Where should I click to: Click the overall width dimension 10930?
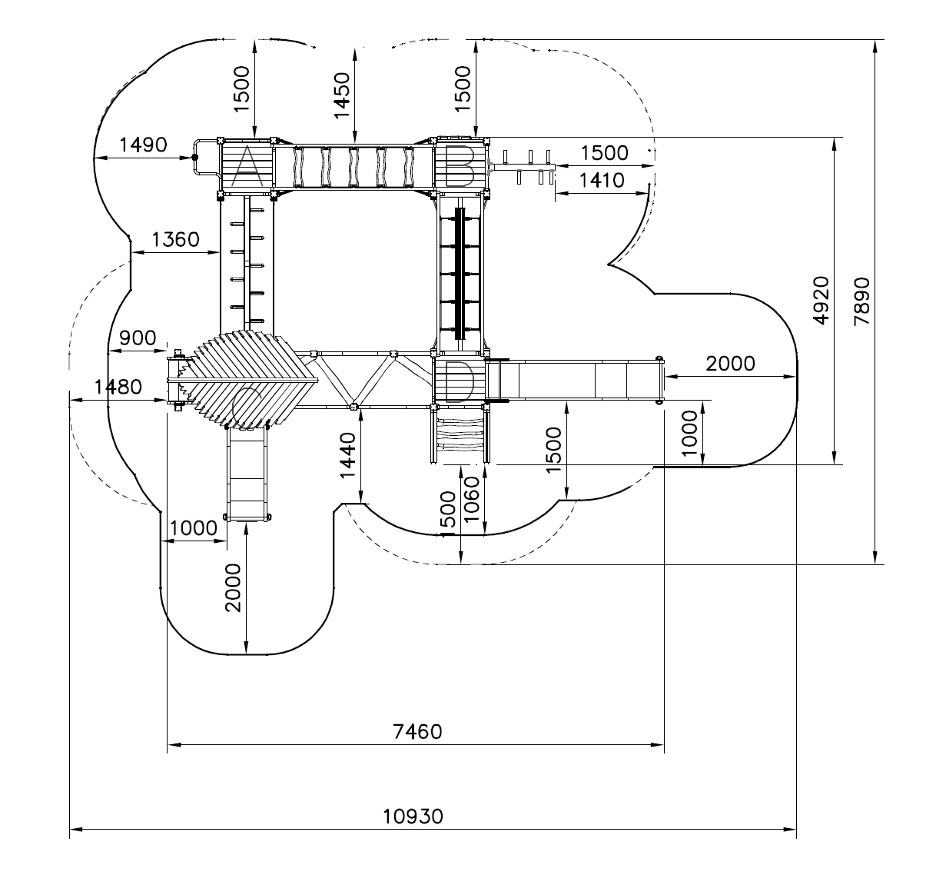[413, 816]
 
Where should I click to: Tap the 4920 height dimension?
[821, 301]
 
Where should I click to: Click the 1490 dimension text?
[143, 145]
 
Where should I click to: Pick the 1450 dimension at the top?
[342, 95]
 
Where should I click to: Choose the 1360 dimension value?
[175, 239]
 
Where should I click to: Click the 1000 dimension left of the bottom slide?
[194, 527]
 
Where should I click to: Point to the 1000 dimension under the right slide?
[689, 433]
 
